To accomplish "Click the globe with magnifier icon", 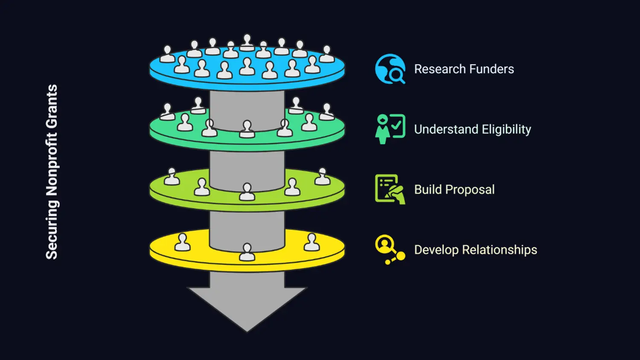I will coord(390,69).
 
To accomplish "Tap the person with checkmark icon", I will coord(390,129).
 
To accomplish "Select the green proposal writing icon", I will coord(390,189).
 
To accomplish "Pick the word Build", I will coord(428,190).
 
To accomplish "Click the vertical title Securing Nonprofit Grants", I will coord(52,172).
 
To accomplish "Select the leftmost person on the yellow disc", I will coord(183,242).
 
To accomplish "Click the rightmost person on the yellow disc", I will coord(311,242).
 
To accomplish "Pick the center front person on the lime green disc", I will coord(247,192).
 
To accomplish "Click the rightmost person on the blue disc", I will coord(327,54).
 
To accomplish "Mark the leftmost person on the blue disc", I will coord(167,54).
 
